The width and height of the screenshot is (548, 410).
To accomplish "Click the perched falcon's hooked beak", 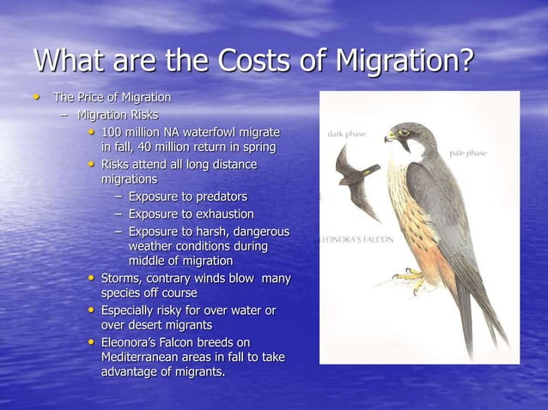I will pos(390,137).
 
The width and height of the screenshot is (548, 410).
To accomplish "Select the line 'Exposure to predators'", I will pos(187,196).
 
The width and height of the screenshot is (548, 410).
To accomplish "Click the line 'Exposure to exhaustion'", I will pos(191,214).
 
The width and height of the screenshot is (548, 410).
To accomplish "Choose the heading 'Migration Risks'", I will pos(118,114).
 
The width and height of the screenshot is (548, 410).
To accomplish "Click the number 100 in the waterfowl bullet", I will pos(113,131).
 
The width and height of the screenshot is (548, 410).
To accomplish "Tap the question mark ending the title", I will pos(465,61).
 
